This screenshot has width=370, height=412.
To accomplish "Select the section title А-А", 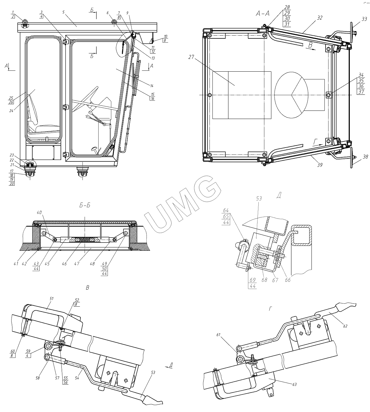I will point(263,13).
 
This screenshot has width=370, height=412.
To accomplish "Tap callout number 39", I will point(320,165).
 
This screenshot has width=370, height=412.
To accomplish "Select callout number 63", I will point(294,384).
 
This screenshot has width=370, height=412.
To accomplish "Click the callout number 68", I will point(264,280).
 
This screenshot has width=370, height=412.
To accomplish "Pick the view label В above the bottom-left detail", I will point(88,287).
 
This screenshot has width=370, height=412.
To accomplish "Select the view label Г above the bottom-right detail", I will point(270,309).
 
